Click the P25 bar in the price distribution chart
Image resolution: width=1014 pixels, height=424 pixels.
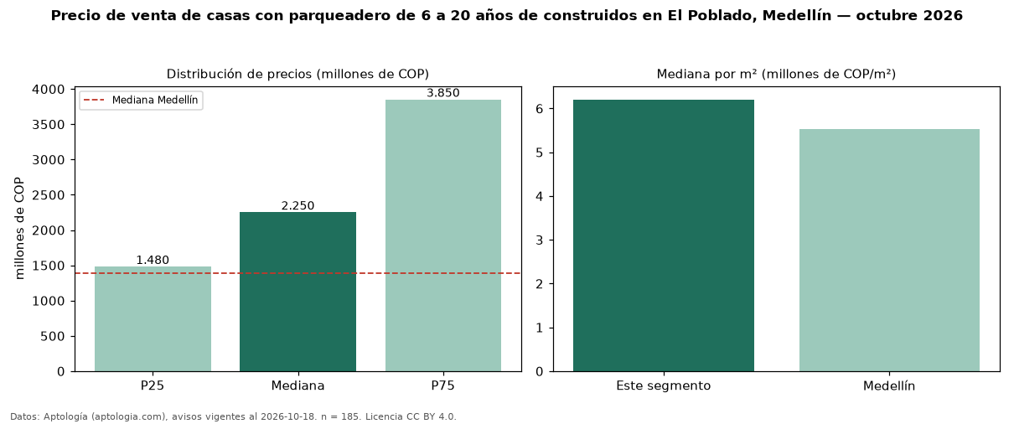(153, 319)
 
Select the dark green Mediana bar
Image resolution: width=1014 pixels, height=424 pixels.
(297, 292)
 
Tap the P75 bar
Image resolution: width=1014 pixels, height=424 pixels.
(443, 235)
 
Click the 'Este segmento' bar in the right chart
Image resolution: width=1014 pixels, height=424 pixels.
(664, 235)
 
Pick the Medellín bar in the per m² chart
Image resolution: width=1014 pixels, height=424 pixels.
(889, 251)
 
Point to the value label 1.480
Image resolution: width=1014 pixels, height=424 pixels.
(153, 261)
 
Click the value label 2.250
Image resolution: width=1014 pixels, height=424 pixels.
(297, 206)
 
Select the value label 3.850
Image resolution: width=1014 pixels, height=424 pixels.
(443, 93)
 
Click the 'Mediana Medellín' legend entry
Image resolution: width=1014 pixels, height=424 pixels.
(142, 100)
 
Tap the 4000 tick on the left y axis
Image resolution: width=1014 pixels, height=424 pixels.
(49, 90)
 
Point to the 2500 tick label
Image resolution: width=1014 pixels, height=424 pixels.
(49, 195)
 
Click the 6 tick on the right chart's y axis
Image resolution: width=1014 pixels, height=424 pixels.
(539, 109)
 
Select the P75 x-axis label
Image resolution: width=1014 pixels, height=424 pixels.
(443, 385)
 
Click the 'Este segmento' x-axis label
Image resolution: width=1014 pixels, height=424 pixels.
(664, 386)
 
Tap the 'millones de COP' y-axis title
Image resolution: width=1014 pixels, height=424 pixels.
(19, 229)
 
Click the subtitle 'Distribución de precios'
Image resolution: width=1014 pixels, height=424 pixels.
(239, 74)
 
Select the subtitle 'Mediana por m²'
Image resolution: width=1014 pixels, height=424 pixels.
(707, 74)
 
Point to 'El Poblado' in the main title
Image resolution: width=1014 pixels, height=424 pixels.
(712, 16)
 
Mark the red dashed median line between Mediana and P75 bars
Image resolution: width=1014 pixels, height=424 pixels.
(370, 273)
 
